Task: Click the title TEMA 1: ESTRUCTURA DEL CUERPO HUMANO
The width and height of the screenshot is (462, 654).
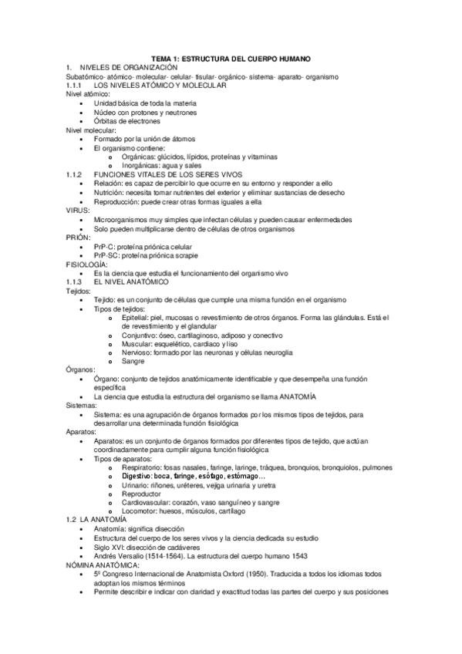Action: click(x=230, y=59)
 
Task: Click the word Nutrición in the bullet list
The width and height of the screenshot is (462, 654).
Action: click(x=110, y=193)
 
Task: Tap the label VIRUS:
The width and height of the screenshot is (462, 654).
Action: click(x=79, y=211)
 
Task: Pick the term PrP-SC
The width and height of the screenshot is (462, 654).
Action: click(x=106, y=255)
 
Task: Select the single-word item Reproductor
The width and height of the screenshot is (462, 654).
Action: click(x=143, y=494)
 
